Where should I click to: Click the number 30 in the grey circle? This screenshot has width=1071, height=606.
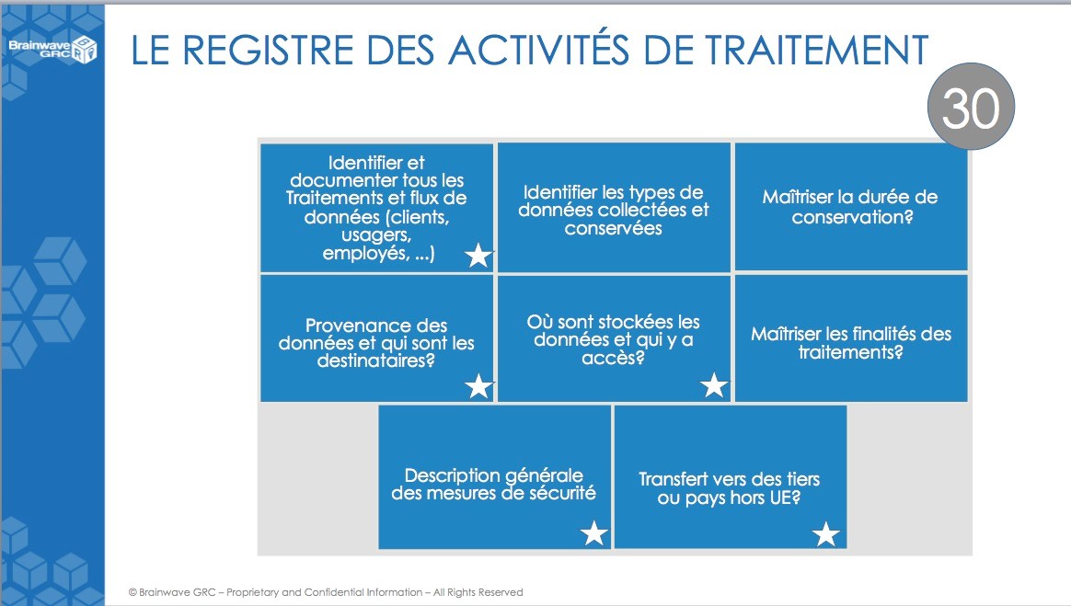[971, 108]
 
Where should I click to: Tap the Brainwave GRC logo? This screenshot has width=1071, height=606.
[52, 49]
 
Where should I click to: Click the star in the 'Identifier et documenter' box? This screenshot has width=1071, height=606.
[478, 256]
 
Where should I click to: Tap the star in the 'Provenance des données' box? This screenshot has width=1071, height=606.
[478, 386]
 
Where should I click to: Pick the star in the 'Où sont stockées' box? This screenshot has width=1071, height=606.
[714, 385]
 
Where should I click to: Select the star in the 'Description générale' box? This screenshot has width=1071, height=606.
[594, 533]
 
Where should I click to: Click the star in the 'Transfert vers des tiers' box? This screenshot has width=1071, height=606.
[826, 534]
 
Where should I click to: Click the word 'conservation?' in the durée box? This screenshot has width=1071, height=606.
[852, 217]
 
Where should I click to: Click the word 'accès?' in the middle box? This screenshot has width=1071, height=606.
[614, 358]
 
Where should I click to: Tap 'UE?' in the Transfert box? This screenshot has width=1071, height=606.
[785, 497]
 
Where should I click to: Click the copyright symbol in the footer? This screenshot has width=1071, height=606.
[132, 592]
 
